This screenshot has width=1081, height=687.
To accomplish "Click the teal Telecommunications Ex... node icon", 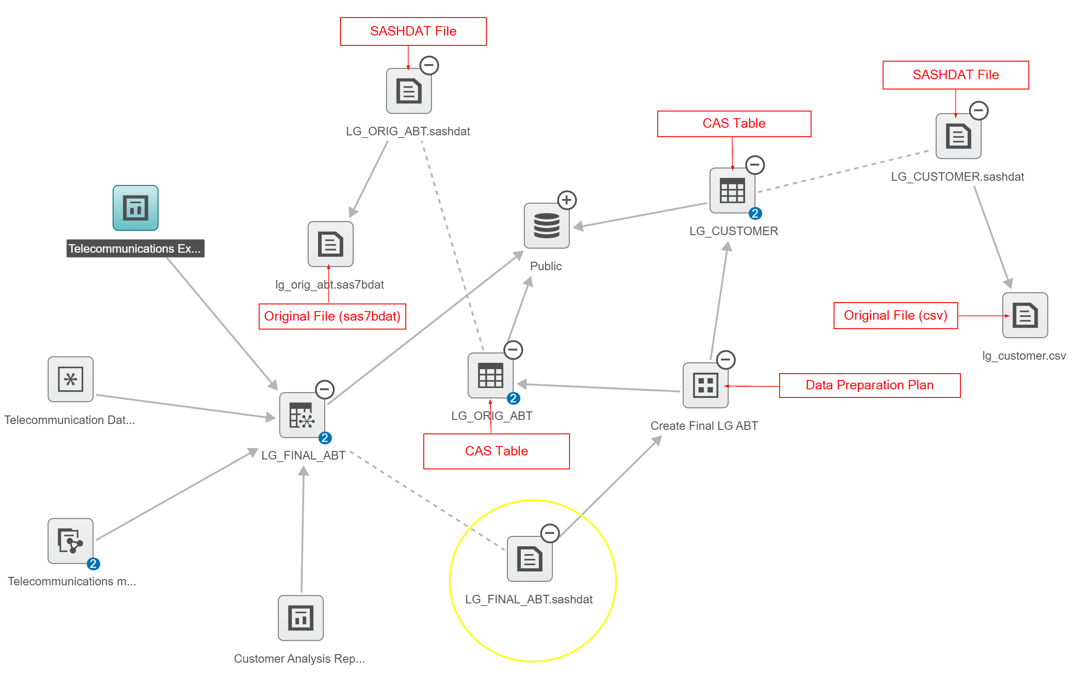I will pos(135,208).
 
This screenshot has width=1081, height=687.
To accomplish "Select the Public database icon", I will pos(547,226).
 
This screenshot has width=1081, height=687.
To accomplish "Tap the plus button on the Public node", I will pos(567,200).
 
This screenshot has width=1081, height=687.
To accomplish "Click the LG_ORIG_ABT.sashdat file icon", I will pos(409,91).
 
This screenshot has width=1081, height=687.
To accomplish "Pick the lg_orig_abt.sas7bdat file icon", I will pos(331,244).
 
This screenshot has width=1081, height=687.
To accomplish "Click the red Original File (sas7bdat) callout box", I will pos(332,317).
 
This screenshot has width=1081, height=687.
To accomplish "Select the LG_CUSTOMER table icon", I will pos(732,191).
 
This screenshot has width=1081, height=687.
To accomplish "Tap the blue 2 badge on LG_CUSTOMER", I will pos(755,214).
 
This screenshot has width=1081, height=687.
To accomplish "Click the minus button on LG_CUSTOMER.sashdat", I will pos(978,111).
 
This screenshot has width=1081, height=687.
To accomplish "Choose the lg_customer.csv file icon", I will pos(1025,315).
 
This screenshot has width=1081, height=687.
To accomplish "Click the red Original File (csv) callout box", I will pos(895,316).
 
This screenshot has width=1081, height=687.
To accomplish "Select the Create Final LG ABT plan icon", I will pos(705,385).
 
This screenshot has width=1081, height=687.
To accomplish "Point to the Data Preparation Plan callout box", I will pos(869,385).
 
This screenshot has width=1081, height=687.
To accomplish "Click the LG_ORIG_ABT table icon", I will pos(490,375).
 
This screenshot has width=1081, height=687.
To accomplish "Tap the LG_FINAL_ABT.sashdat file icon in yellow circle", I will pos(529,559).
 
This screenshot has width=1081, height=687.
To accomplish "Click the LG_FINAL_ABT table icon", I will pos(302,415).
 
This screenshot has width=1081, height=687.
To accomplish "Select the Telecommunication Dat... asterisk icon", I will pos(71,379).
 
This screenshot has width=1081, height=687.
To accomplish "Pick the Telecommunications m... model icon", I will pos(71,541).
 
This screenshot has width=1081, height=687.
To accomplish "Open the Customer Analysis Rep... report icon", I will pos(301,618).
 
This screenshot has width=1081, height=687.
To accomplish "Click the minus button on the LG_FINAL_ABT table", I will pos(324,389).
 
